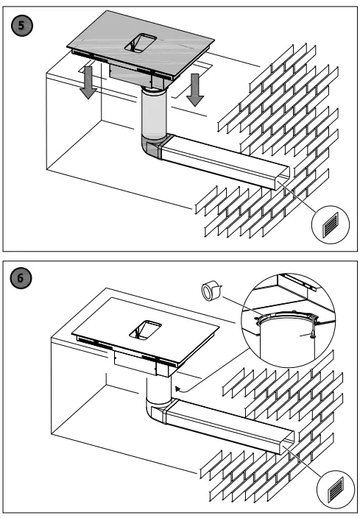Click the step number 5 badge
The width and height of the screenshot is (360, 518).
coord(22,26)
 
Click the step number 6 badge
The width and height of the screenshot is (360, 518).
coord(22,278)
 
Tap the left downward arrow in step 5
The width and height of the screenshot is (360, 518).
coord(88,82)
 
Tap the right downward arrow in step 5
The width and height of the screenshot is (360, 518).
coord(195,89)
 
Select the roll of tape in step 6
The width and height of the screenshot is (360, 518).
coord(211,291)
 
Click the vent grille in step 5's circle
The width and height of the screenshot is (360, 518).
coord(331,224)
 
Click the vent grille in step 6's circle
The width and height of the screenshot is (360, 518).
coord(336,489)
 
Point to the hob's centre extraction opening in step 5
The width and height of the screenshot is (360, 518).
coord(141,43)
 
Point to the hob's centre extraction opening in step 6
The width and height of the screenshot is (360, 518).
coord(145,330)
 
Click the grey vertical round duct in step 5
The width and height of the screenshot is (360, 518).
coord(153,113)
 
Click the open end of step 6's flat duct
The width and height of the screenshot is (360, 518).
coord(286,441)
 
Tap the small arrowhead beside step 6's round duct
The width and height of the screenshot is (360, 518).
coord(178,388)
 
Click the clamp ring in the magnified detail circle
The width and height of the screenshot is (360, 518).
coord(286,318)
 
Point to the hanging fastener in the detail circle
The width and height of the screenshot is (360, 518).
coord(311,330)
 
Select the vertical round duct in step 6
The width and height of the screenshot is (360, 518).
coord(159,390)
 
